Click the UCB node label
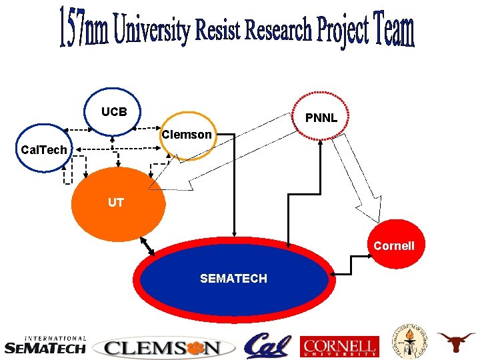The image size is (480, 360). tap(114, 111)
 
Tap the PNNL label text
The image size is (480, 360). tap(321, 118)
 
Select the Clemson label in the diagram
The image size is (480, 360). tap(187, 135)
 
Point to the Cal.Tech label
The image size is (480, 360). tap(44, 149)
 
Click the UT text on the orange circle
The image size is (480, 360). tap(116, 202)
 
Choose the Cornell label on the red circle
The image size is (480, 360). tap(393, 245)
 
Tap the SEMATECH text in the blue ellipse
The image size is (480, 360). tap(233, 279)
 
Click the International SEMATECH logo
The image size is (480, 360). tap(45, 345)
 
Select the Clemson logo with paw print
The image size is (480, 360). tap(164, 347)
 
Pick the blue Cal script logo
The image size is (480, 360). tap(267, 345)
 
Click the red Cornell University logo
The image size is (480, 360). tap(340, 346)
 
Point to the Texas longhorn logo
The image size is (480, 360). tap(456, 341)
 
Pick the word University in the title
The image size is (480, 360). tap(152, 31)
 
